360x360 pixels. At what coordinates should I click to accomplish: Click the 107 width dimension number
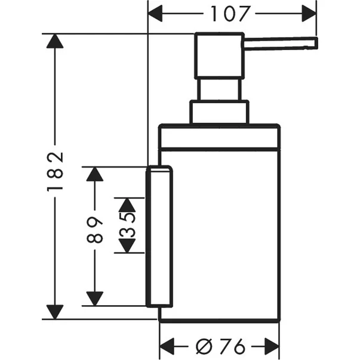click(233, 12)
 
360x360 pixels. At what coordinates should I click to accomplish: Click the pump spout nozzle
click(281, 42)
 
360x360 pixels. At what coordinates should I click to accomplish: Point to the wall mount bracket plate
click(159, 237)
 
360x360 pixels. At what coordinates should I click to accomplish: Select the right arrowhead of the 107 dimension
click(309, 12)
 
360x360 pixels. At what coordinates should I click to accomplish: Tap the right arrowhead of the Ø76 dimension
click(272, 345)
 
